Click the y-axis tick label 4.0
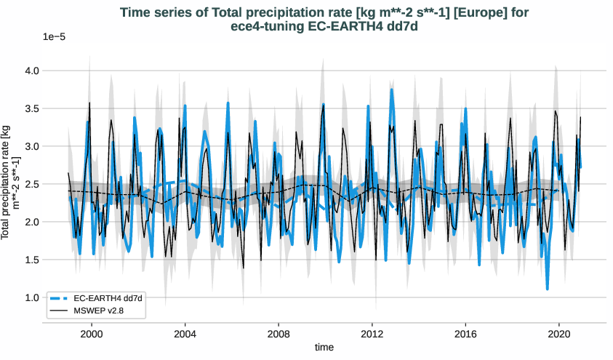(x=31, y=71)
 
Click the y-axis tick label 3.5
(x=31, y=108)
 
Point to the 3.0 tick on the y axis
(x=31, y=146)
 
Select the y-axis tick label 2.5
(x=31, y=184)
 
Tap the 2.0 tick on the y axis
(x=31, y=222)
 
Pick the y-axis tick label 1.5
(x=31, y=260)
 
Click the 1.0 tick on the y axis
(x=31, y=297)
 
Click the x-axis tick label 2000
(x=92, y=333)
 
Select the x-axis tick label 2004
(x=185, y=333)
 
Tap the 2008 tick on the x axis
(x=279, y=333)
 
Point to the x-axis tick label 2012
(x=372, y=333)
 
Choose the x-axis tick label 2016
(x=465, y=333)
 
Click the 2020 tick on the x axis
(x=559, y=333)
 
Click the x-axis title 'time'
(x=324, y=348)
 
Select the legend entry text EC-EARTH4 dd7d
(x=108, y=298)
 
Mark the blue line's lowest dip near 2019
(x=547, y=289)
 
